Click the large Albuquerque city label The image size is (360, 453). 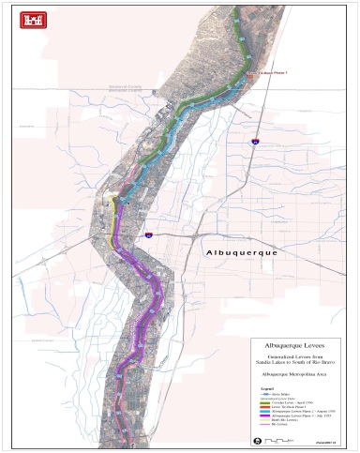click(246, 252)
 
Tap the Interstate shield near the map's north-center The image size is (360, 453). click(254, 142)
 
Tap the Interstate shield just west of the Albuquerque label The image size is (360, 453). click(148, 237)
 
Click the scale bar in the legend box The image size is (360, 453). click(277, 440)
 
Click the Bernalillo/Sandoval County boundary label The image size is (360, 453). click(130, 87)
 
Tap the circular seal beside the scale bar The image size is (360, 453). click(258, 440)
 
